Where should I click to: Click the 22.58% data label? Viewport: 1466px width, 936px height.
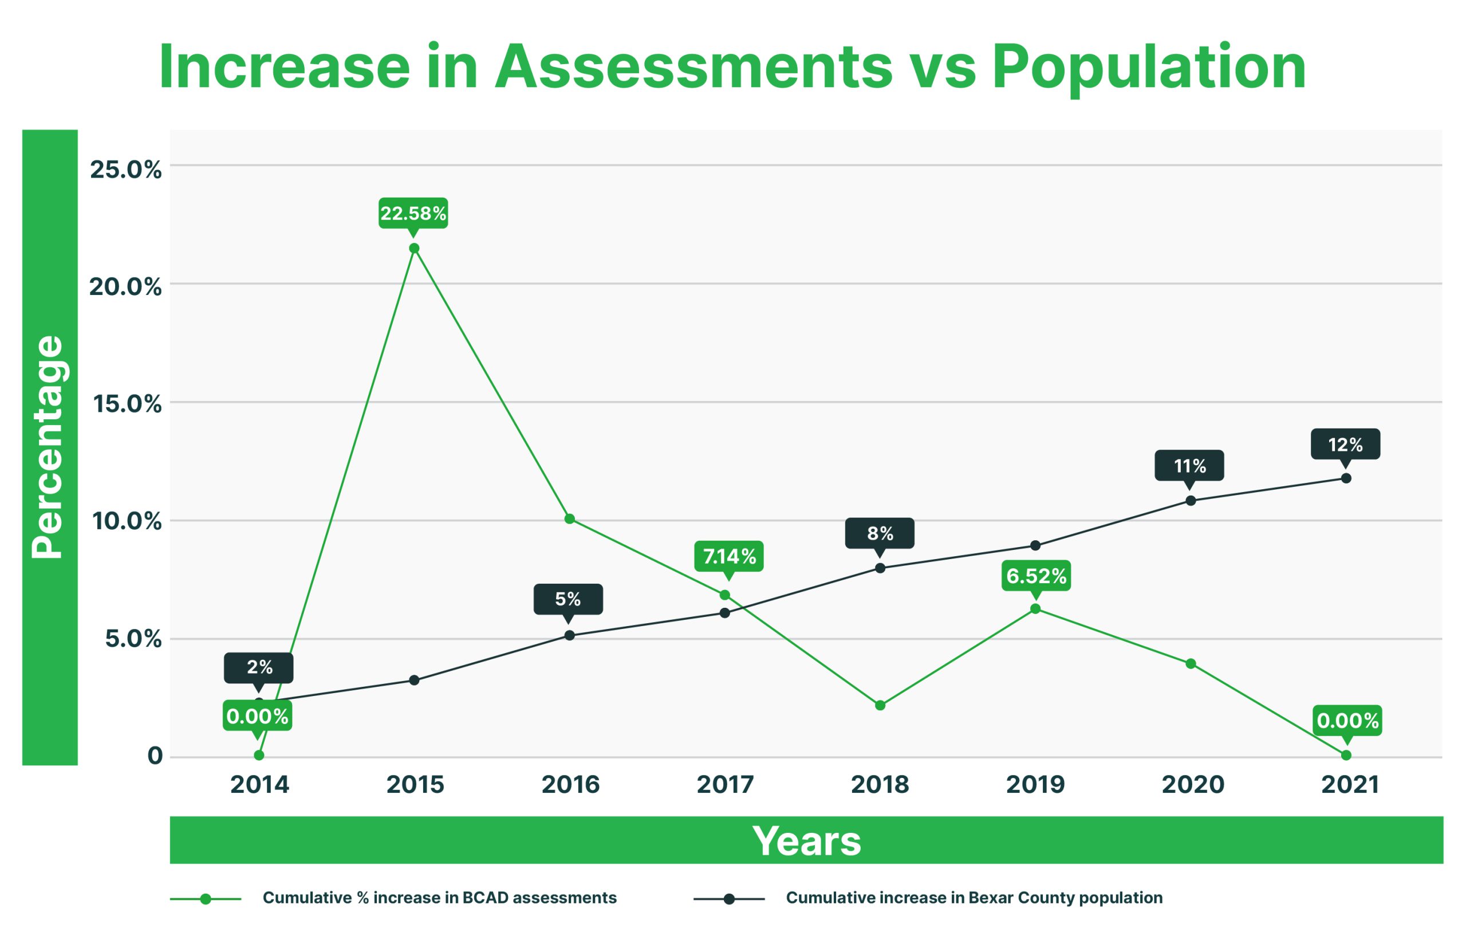(x=413, y=213)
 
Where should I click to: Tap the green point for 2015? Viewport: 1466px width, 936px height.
(x=414, y=248)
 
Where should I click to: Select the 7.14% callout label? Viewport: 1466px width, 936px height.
(x=729, y=556)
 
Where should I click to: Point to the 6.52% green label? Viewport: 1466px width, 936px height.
(x=1036, y=576)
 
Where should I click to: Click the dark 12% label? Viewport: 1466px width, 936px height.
(x=1346, y=445)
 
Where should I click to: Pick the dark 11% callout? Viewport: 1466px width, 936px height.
(x=1189, y=466)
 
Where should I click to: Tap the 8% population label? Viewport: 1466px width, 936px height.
(x=880, y=533)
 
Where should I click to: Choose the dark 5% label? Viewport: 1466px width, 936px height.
(x=568, y=599)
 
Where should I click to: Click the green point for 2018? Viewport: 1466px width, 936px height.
(x=880, y=705)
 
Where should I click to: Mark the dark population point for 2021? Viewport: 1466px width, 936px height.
(x=1346, y=478)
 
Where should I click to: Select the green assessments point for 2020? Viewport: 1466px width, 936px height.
(x=1191, y=663)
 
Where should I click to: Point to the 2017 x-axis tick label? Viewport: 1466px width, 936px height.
(x=725, y=784)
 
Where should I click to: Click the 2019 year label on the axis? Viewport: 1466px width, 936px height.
(x=1035, y=784)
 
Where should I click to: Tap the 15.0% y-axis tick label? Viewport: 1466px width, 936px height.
(x=127, y=404)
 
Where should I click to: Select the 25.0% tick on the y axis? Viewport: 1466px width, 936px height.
(x=126, y=170)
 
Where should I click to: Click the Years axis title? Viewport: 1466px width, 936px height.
(x=806, y=840)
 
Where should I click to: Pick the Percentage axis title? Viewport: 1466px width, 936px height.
(x=49, y=447)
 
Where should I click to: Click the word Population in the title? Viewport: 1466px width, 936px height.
(x=1149, y=67)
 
